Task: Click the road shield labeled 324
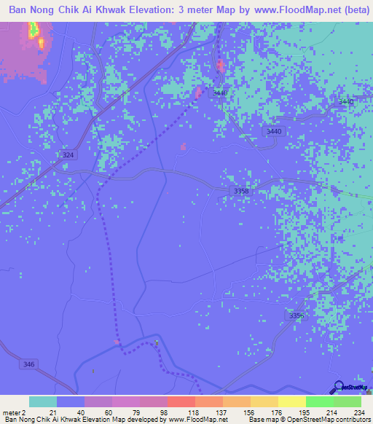(68, 155)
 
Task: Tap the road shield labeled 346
(29, 364)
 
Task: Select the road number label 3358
(241, 191)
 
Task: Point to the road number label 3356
(295, 315)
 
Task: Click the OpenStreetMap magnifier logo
(339, 386)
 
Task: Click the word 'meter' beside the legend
(9, 412)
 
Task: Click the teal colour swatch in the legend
(42, 401)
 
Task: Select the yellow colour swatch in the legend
(291, 401)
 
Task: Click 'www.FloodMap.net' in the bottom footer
(197, 420)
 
